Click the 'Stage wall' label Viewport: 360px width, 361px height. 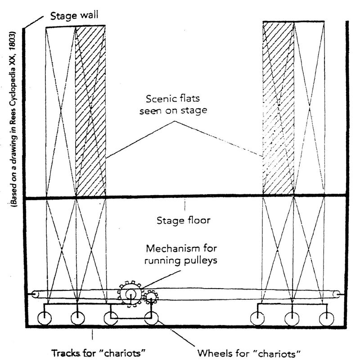pos(74,16)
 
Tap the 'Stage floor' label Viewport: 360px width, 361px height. pos(184,220)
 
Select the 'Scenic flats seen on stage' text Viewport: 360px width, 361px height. pos(173,105)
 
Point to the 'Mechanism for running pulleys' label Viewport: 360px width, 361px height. pos(181,254)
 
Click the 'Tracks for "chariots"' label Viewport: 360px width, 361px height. pos(99,353)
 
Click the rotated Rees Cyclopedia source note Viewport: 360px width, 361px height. pos(13,119)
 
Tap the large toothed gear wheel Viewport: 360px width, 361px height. pos(130,294)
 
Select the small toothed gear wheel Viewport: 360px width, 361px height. pos(151,297)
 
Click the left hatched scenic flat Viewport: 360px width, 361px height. pos(90,111)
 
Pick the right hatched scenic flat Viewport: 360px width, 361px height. pos(279,108)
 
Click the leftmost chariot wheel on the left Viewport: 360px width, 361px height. pos(45,318)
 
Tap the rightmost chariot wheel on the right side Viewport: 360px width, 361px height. pos(326,319)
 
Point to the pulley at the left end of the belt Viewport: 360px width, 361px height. pos(35,294)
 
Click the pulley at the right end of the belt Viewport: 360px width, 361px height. pos(337,294)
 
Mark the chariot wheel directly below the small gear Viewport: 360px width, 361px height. pos(151,318)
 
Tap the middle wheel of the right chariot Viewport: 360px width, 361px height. pos(292,319)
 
